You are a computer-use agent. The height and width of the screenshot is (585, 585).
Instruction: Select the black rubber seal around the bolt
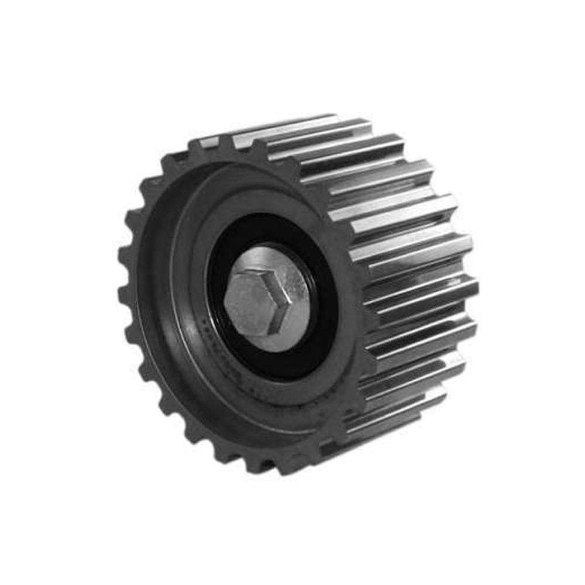pyautogui.click(x=319, y=328)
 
